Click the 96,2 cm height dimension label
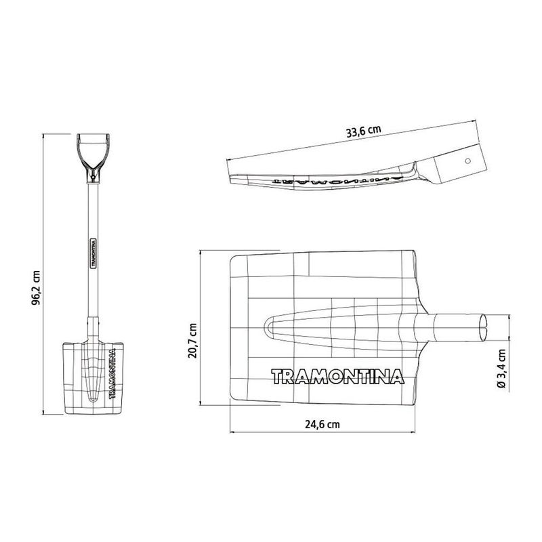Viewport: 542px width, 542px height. (36, 288)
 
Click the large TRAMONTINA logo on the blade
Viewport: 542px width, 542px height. (337, 376)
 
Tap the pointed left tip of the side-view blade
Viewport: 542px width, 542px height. (230, 175)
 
